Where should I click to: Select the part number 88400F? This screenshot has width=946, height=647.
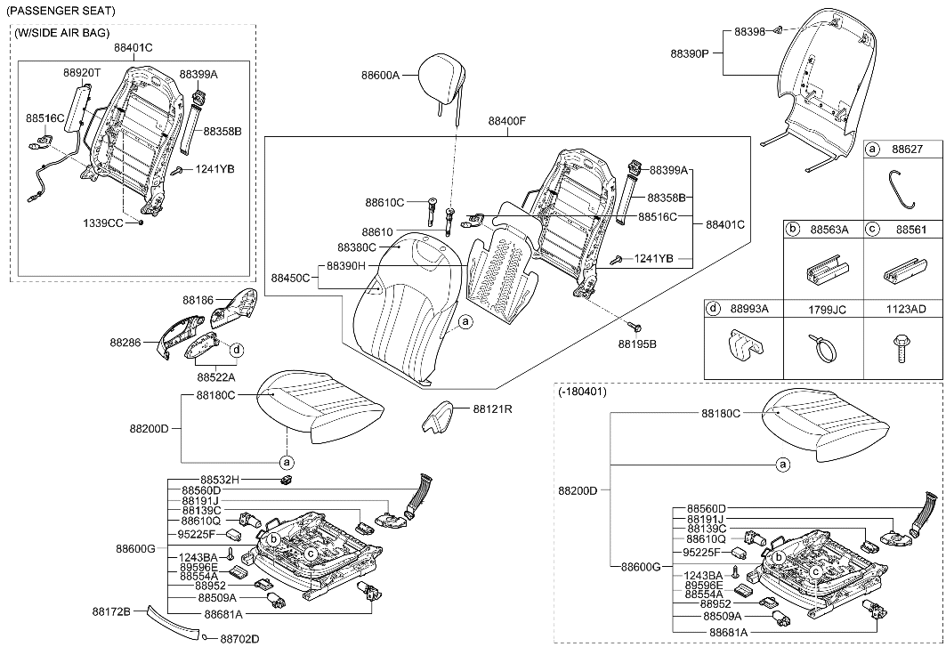click(x=507, y=120)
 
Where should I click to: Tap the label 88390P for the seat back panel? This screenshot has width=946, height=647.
click(x=690, y=53)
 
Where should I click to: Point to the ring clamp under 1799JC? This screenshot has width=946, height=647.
click(x=824, y=348)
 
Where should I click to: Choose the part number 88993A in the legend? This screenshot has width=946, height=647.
click(x=748, y=308)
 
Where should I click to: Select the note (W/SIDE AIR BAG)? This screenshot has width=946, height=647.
click(x=61, y=33)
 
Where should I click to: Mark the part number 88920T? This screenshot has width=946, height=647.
click(x=82, y=70)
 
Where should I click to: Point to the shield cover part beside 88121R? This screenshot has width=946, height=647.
click(x=437, y=417)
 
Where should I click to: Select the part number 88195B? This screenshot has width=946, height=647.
click(x=637, y=343)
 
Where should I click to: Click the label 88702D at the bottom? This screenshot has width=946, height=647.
click(x=239, y=638)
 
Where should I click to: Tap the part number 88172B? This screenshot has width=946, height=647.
click(x=111, y=611)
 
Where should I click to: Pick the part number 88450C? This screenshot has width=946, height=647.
click(x=291, y=278)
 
